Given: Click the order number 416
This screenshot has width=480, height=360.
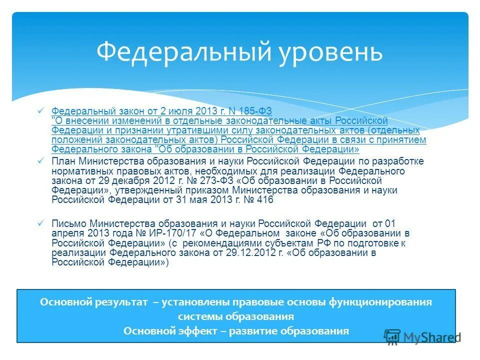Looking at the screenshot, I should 263,199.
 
